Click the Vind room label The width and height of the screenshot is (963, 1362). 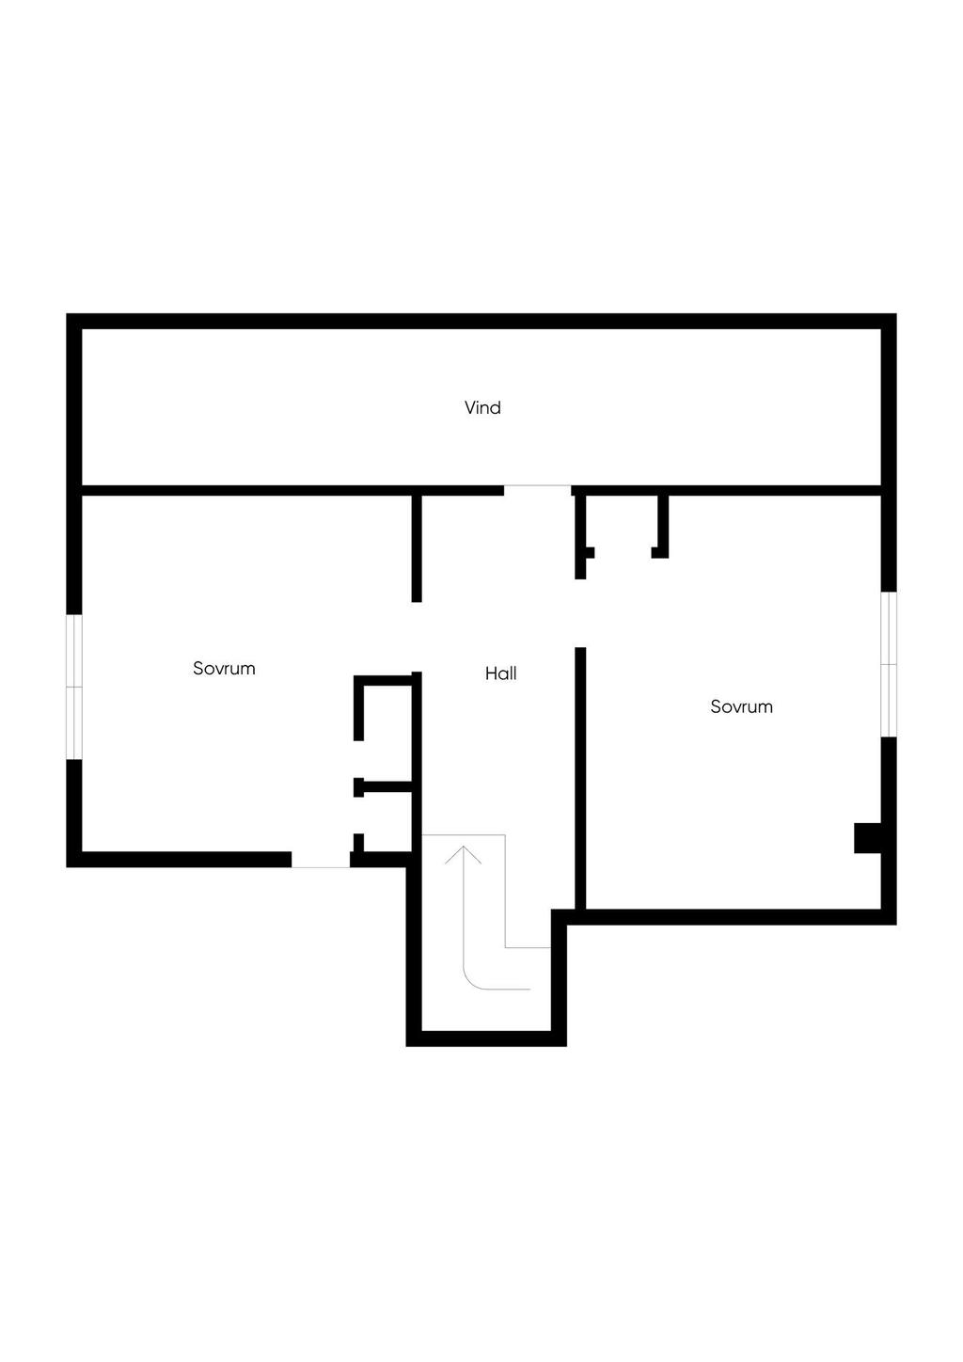482,407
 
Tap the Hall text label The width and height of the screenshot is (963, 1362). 500,673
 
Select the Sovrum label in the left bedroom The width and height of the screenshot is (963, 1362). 224,669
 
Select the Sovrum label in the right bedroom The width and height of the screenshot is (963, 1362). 741,706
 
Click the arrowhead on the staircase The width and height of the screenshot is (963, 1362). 463,854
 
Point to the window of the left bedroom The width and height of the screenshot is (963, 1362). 74,687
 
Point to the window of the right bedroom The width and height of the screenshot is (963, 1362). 889,664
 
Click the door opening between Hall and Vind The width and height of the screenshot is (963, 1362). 538,489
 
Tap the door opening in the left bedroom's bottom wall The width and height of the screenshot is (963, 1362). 320,860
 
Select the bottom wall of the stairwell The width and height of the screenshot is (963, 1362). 486,1038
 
